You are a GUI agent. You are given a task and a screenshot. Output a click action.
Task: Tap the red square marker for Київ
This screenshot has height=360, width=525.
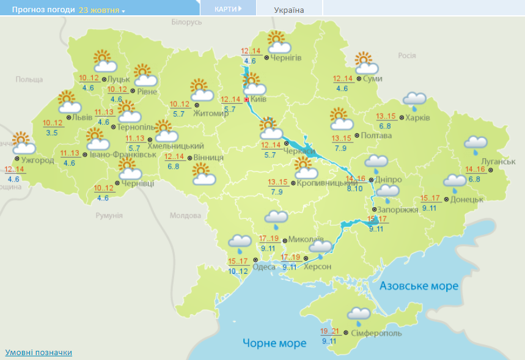click(x=247, y=100)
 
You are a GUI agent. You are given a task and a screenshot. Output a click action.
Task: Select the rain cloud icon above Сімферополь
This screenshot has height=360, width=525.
click(x=358, y=315)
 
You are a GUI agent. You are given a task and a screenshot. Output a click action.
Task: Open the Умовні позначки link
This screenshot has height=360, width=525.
click(x=39, y=353)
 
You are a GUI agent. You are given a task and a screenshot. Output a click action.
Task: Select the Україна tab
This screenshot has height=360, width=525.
click(x=288, y=10)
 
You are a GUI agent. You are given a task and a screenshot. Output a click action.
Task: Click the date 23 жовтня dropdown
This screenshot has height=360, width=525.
click(x=101, y=10)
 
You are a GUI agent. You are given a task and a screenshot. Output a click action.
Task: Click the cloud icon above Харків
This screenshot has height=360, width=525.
click(x=415, y=99)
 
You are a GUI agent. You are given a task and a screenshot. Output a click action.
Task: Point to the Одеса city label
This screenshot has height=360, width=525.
click(x=263, y=266)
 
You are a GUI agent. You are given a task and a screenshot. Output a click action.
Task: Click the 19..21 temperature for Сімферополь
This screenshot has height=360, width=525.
click(x=329, y=331)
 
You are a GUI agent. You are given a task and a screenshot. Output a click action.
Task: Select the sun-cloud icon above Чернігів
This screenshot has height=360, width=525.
click(x=278, y=42)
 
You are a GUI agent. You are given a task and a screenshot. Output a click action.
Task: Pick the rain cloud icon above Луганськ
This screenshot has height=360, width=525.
click(x=475, y=144)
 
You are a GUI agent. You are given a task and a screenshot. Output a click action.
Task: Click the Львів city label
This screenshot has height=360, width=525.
click(x=83, y=117)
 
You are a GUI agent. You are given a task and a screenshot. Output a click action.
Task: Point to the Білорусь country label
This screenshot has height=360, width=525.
click(x=186, y=22)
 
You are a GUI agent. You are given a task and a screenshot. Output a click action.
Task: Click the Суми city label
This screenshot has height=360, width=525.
click(x=372, y=79)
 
